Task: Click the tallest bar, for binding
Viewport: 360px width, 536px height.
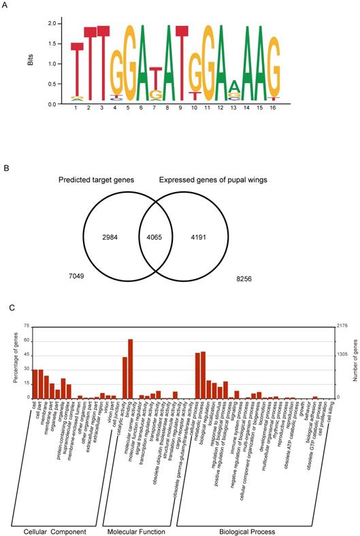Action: coord(130,368)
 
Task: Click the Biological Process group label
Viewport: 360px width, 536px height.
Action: coord(247,531)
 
